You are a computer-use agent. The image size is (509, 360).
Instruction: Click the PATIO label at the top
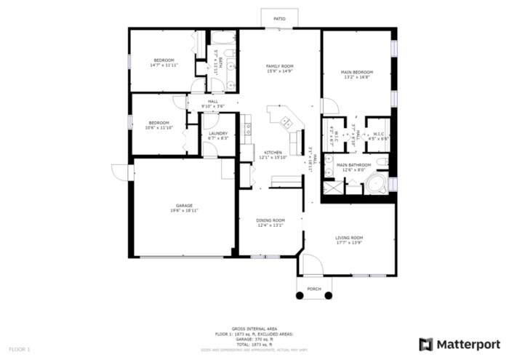(x=279, y=19)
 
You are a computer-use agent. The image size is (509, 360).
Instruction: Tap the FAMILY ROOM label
(x=279, y=65)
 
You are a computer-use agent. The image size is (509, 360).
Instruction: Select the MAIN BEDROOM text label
(x=358, y=72)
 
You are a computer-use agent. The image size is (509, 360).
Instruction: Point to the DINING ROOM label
(x=270, y=220)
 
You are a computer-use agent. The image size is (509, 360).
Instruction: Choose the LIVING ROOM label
(x=349, y=238)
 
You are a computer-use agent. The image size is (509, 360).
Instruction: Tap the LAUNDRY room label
(x=219, y=133)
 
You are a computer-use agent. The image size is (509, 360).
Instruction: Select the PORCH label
(x=313, y=289)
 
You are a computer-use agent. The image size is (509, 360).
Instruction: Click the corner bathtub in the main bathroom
(x=377, y=185)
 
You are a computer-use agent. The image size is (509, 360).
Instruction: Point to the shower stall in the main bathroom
(x=331, y=187)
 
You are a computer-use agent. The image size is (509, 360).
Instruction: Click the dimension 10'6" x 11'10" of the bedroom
(x=159, y=127)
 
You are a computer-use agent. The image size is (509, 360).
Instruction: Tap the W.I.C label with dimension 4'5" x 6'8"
(x=379, y=135)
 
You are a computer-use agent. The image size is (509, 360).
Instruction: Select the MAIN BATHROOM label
(x=353, y=165)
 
